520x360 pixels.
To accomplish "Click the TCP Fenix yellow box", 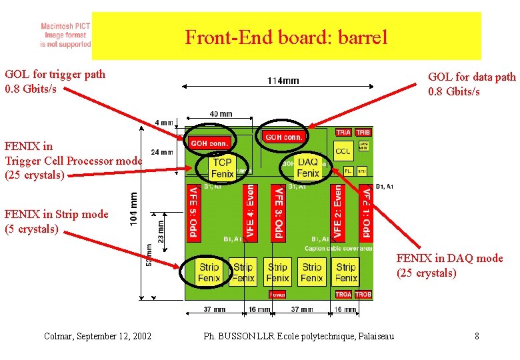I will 222,168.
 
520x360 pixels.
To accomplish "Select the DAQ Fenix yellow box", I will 308,168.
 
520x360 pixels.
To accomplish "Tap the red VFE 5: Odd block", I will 193,213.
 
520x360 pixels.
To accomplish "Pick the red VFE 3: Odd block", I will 279,213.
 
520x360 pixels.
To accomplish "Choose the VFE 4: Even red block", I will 250,213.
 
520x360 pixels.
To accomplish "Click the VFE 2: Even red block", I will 338,213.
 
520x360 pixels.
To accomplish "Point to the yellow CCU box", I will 343,151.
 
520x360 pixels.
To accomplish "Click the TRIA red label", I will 343,133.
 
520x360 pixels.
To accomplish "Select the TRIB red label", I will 363,133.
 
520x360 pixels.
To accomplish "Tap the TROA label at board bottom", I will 343,294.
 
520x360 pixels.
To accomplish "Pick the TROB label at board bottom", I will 363,294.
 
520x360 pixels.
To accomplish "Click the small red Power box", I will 277,294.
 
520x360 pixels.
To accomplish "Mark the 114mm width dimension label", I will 283,81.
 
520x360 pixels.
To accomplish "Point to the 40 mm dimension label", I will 221,114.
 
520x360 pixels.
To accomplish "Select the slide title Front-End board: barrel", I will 286,37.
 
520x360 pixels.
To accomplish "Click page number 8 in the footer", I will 477,336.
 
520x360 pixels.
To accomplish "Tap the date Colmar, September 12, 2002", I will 97,336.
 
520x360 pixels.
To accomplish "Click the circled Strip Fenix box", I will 209,272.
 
